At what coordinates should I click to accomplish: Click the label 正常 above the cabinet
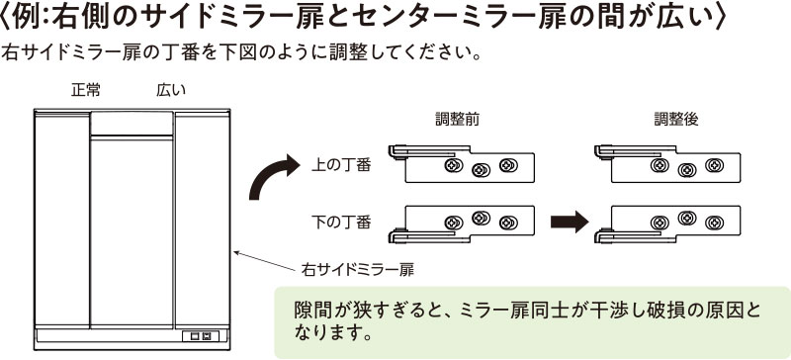pos(86,90)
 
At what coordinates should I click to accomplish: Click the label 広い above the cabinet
pos(171,90)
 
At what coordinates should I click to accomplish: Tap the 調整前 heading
pos(458,120)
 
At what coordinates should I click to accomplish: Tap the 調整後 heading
pos(676,120)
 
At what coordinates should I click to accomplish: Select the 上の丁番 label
pos(341,165)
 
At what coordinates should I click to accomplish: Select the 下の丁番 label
pos(341,223)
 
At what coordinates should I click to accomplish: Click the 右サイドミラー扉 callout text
pos(358,270)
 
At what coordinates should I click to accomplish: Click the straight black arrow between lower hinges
pos(570,222)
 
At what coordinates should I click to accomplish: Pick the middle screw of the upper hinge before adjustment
pos(481,170)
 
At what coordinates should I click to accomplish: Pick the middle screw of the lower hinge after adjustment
pos(687,218)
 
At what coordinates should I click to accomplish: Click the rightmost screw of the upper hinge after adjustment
pos(714,165)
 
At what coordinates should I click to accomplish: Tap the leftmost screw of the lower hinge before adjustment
pos(454,223)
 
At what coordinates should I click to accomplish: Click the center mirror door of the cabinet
pos(132,232)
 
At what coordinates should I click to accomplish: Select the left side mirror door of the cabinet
pos(62,220)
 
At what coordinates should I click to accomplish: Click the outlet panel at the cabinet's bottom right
pos(201,335)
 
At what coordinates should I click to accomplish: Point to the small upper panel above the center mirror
pos(132,124)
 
